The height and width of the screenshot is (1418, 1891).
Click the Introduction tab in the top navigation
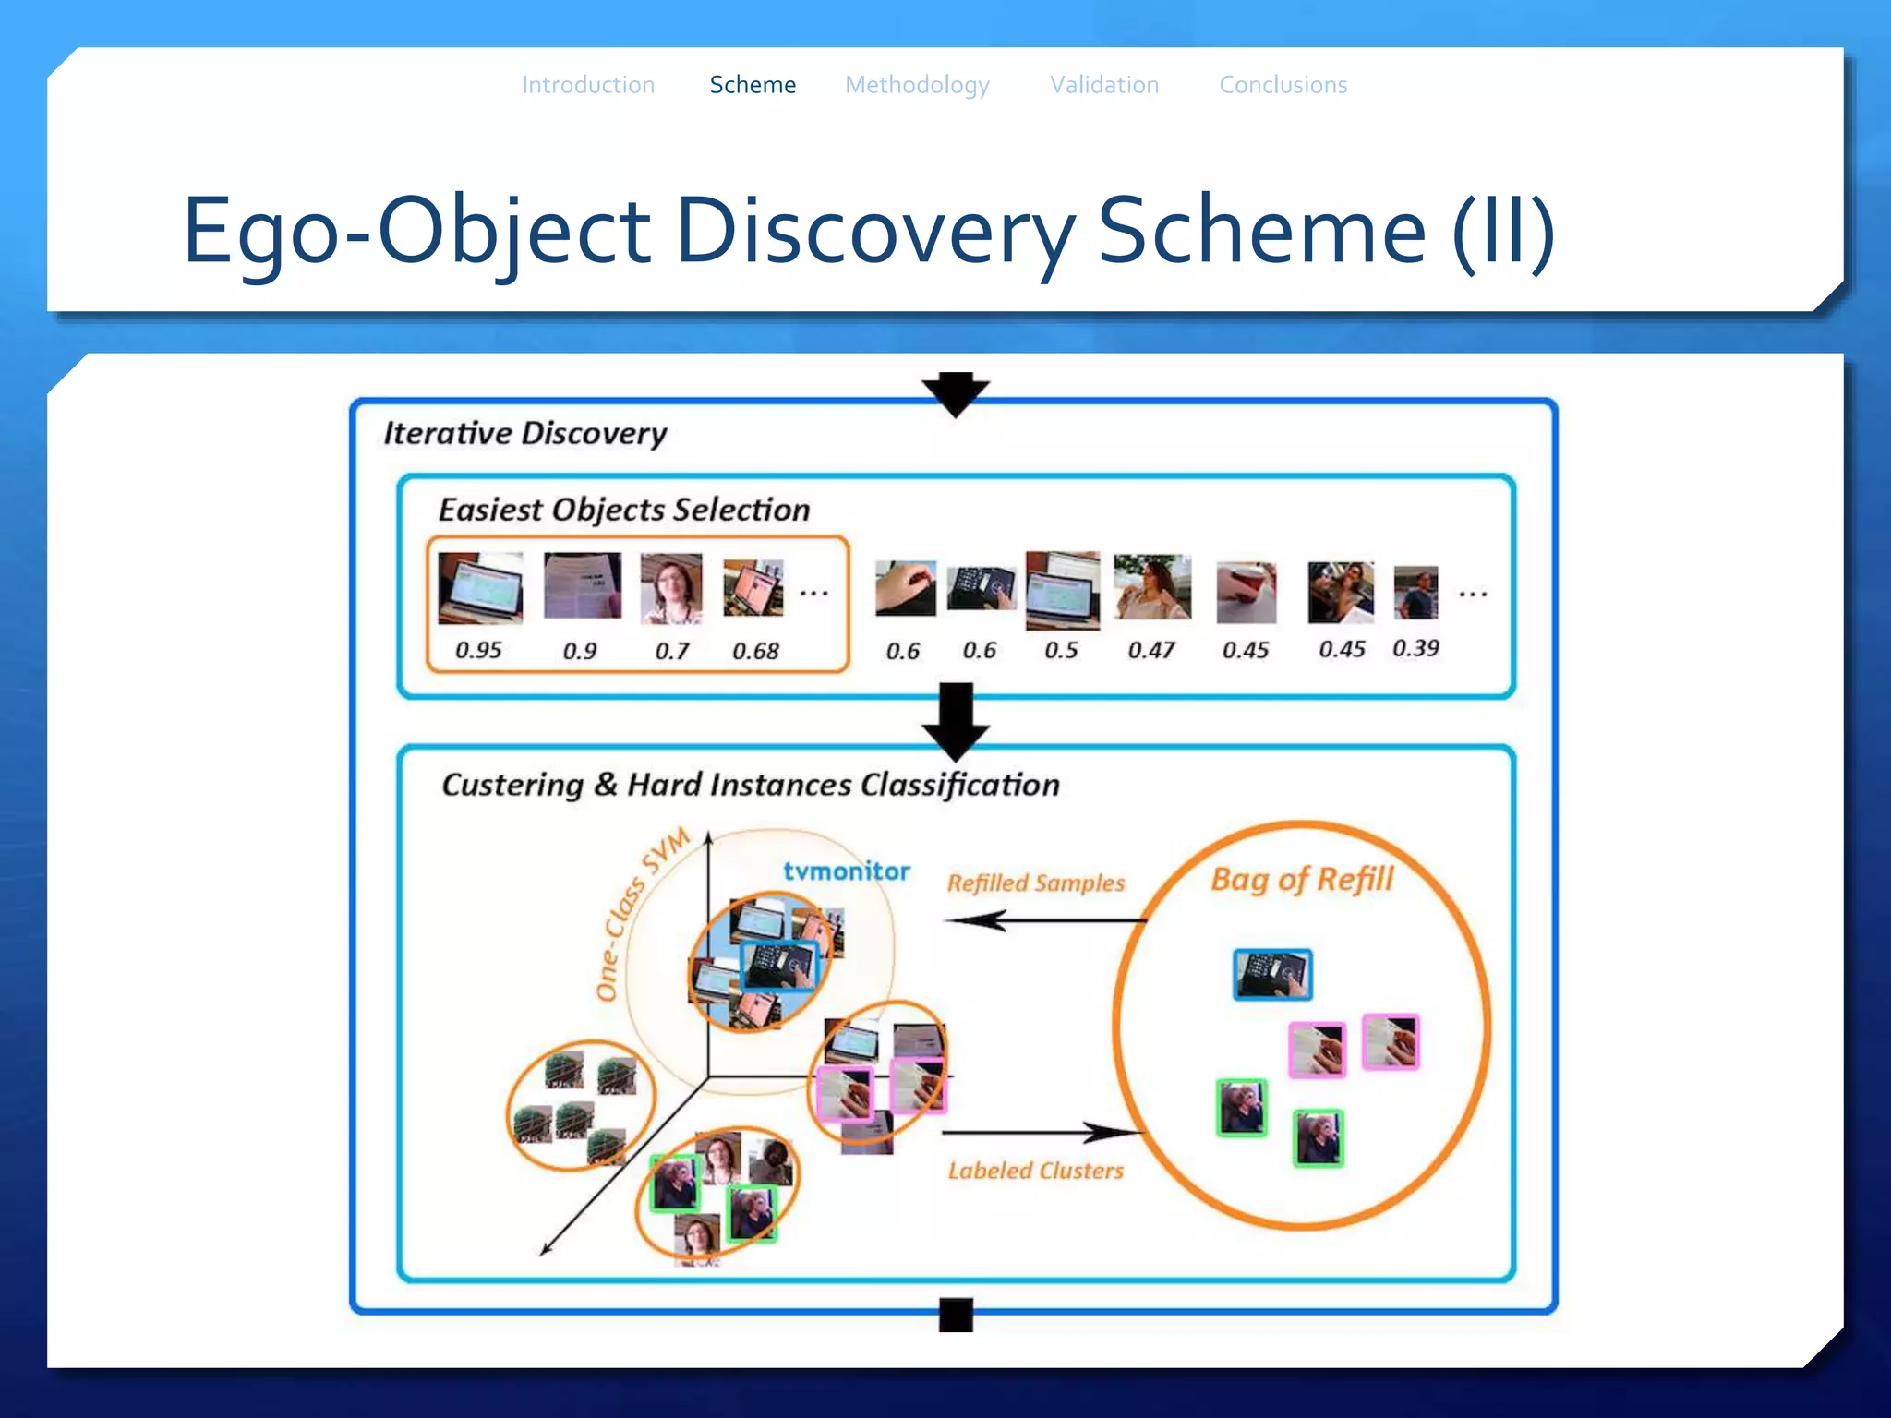click(x=588, y=85)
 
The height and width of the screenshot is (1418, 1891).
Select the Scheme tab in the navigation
click(x=753, y=85)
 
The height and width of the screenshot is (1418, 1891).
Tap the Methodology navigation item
click(x=917, y=85)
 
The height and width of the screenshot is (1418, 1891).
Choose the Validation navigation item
click(x=1104, y=85)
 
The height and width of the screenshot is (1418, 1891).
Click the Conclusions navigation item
click(x=1283, y=85)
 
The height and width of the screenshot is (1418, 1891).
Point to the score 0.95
click(x=478, y=650)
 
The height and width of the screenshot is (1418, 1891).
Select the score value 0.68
click(x=755, y=651)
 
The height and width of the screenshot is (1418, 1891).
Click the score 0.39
click(x=1415, y=648)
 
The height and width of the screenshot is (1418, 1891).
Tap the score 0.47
click(x=1151, y=650)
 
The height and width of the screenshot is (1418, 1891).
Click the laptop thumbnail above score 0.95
click(x=480, y=587)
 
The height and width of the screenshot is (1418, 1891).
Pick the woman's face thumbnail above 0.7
click(x=671, y=588)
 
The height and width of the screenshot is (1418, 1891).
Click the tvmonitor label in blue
click(x=847, y=871)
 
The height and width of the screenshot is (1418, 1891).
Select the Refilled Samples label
click(x=1036, y=883)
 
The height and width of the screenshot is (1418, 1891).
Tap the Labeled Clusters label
click(x=1036, y=1171)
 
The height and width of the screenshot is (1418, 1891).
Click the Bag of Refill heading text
click(x=1302, y=879)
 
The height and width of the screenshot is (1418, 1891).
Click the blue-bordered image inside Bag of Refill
click(x=1272, y=974)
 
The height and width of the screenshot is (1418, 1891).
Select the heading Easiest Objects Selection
click(x=624, y=510)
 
